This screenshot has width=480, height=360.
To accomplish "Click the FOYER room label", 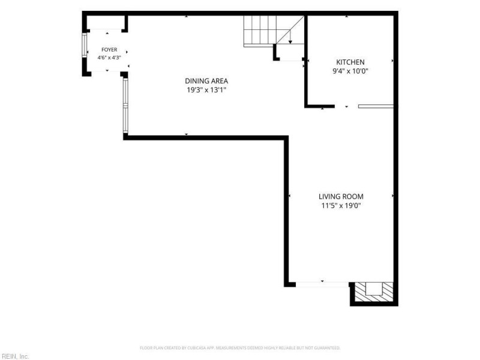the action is tap(109, 50).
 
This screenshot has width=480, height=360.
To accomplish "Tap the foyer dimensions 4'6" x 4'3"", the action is tap(109, 58).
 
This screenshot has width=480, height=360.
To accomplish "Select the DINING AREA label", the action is tap(206, 81).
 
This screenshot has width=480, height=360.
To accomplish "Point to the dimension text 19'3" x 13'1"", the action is tap(206, 90).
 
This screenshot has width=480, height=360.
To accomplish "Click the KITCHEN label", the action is tap(350, 62).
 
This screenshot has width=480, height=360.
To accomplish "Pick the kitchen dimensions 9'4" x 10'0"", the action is tap(350, 71).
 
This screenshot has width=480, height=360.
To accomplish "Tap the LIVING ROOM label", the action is tap(341, 197).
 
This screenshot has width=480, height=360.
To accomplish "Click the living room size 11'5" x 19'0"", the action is tap(341, 205).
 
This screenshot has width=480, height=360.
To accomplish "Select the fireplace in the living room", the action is tap(374, 292).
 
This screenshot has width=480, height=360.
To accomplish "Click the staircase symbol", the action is tap(274, 31).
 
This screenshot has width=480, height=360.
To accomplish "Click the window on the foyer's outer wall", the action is tap(85, 45).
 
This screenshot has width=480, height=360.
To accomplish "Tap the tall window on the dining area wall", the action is tap(125, 106).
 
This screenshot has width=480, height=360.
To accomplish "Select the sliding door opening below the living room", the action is tap(322, 284).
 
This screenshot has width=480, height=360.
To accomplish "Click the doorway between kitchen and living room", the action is tap(347, 106).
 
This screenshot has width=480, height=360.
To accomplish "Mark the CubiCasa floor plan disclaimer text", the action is tap(240, 348).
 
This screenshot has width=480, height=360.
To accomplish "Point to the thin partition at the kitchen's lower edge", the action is tap(376, 106).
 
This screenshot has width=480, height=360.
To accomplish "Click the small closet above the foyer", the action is tap(106, 22).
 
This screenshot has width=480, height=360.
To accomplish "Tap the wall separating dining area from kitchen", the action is tap(306, 61).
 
